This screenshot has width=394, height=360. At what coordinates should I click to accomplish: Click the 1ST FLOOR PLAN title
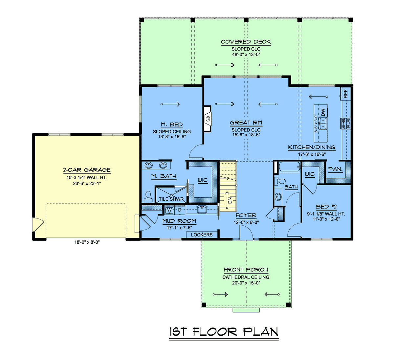[224, 332]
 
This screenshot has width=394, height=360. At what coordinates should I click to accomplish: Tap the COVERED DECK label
[246, 42]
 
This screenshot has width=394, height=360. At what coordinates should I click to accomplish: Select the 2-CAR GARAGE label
[87, 170]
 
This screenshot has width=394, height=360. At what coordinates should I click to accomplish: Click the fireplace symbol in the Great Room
[208, 119]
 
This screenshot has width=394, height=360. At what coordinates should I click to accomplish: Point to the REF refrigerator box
[345, 94]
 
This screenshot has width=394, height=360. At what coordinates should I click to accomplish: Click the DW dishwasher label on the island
[323, 112]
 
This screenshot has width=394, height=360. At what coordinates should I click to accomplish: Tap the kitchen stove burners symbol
[345, 123]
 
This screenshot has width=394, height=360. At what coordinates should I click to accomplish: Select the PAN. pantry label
[335, 169]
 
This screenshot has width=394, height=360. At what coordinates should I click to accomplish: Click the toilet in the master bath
[148, 196]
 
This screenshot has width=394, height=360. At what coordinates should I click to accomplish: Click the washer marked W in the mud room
[169, 210]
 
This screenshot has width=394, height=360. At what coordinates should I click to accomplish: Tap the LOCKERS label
[202, 235]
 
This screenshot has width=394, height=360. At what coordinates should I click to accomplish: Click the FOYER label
[246, 215]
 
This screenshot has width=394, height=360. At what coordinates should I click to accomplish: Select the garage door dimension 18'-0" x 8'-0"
[87, 243]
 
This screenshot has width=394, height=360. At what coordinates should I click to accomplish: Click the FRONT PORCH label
[246, 270]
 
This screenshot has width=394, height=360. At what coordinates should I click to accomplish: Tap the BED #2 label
[326, 207]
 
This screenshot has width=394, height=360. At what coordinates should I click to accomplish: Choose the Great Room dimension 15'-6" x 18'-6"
[246, 135]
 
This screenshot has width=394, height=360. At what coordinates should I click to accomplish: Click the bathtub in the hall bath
[289, 167]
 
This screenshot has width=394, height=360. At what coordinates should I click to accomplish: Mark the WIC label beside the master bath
[203, 180]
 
